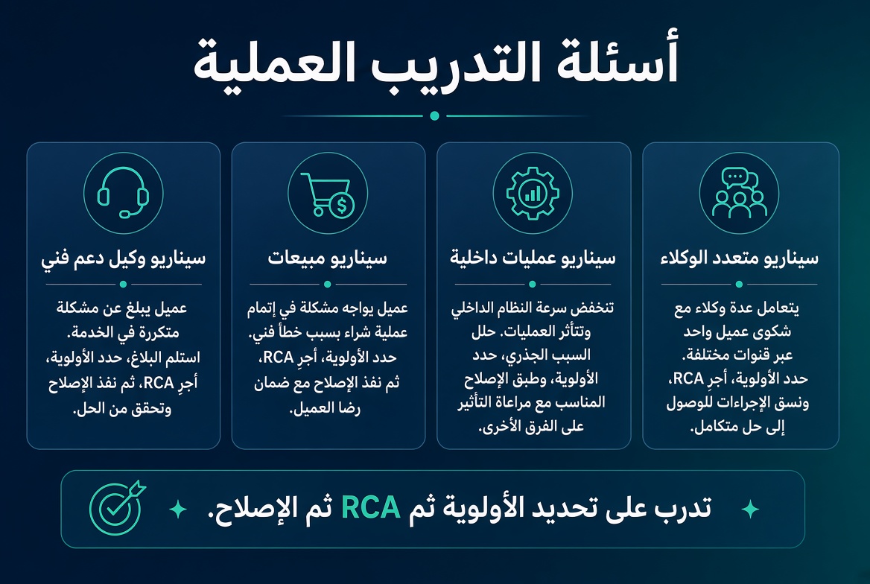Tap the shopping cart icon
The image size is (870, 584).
click(x=327, y=194)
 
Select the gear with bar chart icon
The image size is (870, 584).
click(x=533, y=193)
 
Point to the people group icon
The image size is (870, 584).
click(x=739, y=193)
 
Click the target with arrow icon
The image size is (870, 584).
click(x=117, y=507)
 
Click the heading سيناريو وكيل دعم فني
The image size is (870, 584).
click(x=123, y=258)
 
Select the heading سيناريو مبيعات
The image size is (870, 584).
click(x=327, y=258)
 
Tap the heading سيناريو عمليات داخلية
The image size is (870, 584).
click(x=533, y=258)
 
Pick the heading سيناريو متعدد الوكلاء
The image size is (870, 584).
click(x=739, y=258)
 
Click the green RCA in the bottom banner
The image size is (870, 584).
click(x=371, y=507)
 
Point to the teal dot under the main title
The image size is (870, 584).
click(x=435, y=115)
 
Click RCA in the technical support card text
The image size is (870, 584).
click(x=158, y=382)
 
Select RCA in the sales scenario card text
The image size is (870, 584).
click(x=278, y=357)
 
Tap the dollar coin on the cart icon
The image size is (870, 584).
click(x=342, y=206)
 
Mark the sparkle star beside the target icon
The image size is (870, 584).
click(x=177, y=509)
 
